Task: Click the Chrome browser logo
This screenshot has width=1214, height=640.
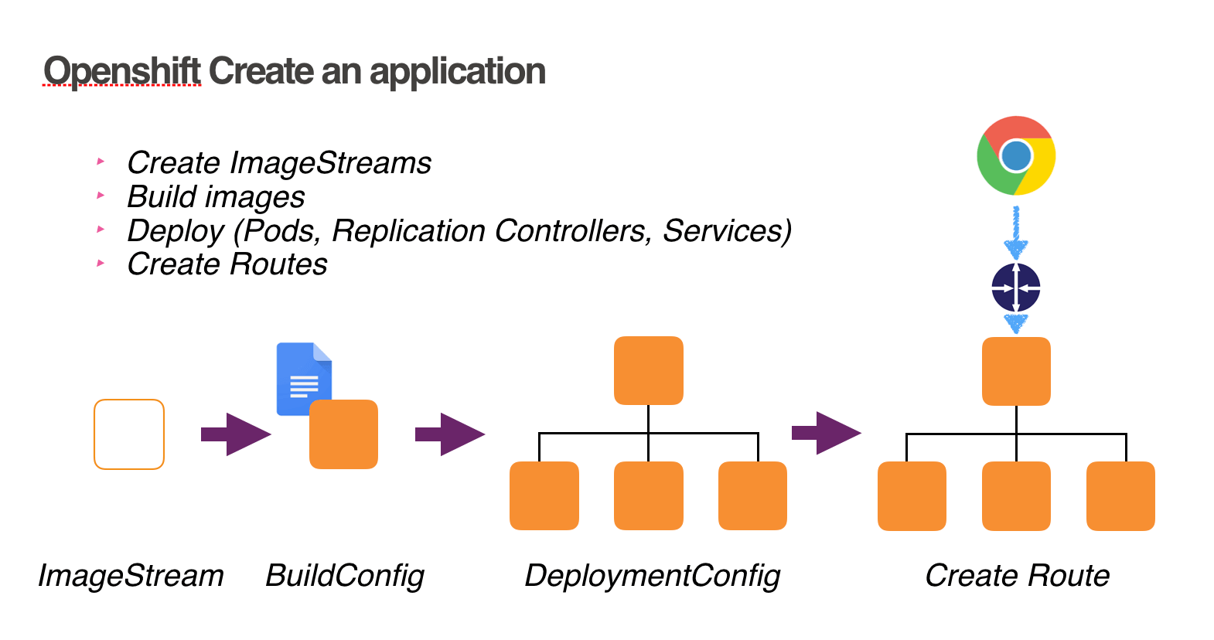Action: pos(1015,155)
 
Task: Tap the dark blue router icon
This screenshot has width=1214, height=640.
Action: pos(1015,288)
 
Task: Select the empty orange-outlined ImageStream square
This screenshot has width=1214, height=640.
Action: pos(129,434)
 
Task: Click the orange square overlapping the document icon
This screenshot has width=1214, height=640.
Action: pos(343,434)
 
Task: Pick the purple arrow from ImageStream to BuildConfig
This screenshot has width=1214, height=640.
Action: pos(236,434)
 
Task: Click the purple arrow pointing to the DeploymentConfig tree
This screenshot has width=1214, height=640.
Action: pos(450,434)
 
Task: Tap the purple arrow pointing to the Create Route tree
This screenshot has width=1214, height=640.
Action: pos(827,433)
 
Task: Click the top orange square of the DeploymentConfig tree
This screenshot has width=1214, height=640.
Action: pos(648,371)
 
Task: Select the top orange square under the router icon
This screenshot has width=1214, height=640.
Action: pos(1016,371)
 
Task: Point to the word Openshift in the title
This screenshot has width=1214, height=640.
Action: pos(122,71)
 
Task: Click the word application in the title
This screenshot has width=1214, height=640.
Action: pos(458,71)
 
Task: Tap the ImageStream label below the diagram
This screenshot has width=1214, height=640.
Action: pos(131,575)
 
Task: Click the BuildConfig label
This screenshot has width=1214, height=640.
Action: pos(345,577)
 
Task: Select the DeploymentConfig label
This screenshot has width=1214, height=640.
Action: pos(653,577)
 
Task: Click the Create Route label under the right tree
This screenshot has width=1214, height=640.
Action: pos(1018,575)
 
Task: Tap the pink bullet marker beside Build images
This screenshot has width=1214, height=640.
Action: pos(101,195)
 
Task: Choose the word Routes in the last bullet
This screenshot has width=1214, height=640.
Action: pos(278,264)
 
